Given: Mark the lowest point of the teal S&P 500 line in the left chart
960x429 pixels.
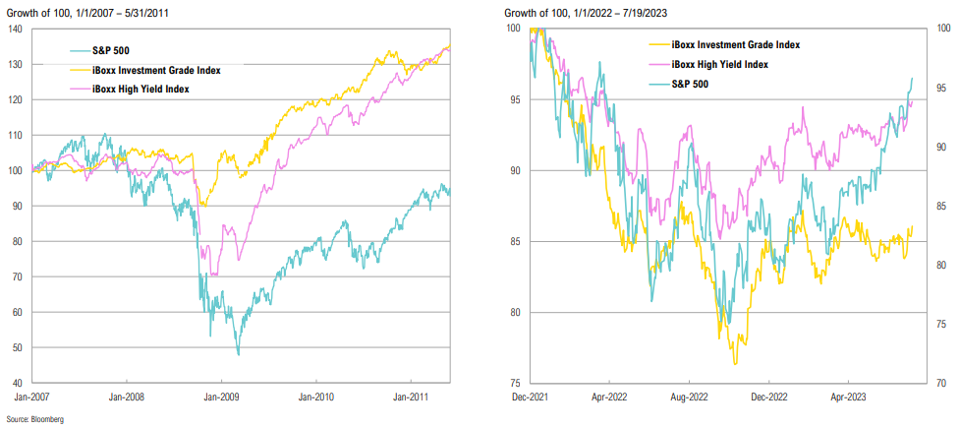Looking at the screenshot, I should (x=238, y=354).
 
